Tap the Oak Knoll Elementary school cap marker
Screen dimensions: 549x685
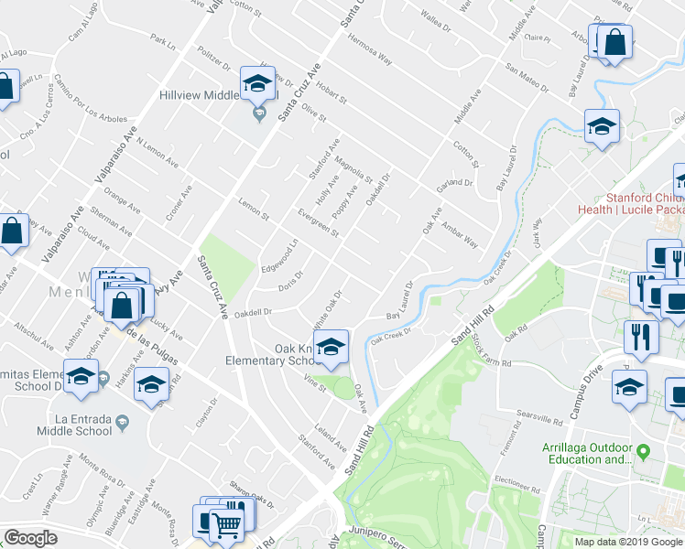(x=331, y=347)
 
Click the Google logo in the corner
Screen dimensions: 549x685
(x=30, y=538)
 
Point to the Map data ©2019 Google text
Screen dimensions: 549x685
(x=628, y=541)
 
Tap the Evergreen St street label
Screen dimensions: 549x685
(x=319, y=223)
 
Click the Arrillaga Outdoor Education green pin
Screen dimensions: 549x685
(x=643, y=452)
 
